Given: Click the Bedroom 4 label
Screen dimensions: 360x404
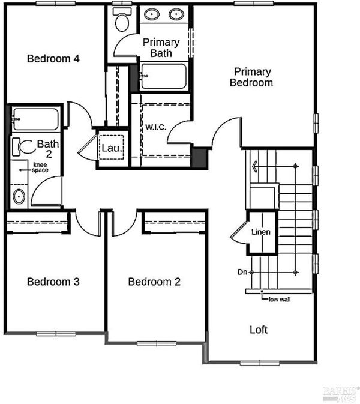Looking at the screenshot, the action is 53,58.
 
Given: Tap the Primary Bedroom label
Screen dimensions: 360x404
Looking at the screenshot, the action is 251,77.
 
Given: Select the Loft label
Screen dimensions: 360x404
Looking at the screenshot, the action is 259,330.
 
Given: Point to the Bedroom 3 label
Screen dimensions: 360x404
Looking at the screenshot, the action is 53,282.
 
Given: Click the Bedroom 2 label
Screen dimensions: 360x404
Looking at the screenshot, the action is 154,282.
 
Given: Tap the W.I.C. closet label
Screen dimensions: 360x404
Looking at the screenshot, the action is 156,127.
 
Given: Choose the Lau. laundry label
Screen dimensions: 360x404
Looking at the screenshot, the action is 111,148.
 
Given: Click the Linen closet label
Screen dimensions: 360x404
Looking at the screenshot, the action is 261,232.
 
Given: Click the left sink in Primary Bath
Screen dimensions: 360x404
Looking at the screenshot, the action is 152,14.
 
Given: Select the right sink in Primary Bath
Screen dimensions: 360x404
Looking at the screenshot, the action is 176,14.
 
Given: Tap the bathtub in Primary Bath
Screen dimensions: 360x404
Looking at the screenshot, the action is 164,76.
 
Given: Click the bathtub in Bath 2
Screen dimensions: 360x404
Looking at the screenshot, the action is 35,119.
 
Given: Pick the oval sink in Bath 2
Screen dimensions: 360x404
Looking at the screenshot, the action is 19,196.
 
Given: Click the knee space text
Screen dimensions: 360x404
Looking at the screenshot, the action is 40,167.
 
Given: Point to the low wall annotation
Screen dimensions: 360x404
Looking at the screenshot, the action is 280,300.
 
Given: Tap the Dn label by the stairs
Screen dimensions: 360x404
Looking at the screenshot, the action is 242,272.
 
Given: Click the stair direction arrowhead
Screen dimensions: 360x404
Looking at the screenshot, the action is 254,166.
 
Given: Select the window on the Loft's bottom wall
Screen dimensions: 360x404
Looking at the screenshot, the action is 260,363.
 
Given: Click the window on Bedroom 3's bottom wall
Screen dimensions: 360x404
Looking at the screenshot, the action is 56,334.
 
